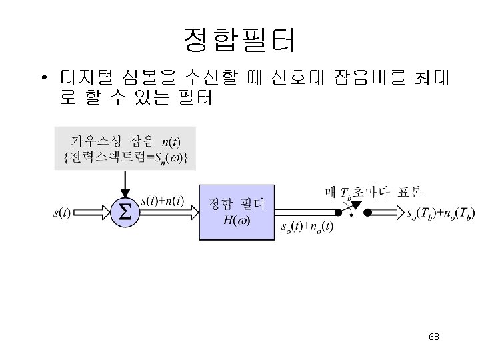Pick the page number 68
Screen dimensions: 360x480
[435, 337]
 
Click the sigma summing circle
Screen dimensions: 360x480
[125, 213]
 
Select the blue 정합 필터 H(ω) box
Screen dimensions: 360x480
[237, 211]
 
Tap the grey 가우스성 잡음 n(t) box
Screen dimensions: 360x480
[125, 148]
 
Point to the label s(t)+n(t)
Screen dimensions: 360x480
[163, 201]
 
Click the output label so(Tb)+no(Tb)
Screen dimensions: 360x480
[441, 214]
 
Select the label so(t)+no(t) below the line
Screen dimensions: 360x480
[307, 227]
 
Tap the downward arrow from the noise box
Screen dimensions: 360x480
[125, 181]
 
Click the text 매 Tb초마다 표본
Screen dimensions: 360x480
[373, 193]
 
